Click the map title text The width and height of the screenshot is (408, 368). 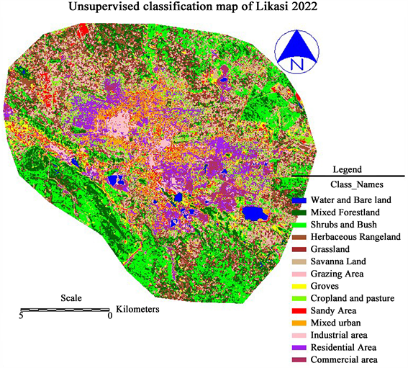(x=204, y=9)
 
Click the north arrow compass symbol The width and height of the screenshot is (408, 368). (x=296, y=50)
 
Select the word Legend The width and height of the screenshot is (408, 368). (x=348, y=169)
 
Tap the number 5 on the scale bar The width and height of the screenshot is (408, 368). (x=22, y=315)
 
